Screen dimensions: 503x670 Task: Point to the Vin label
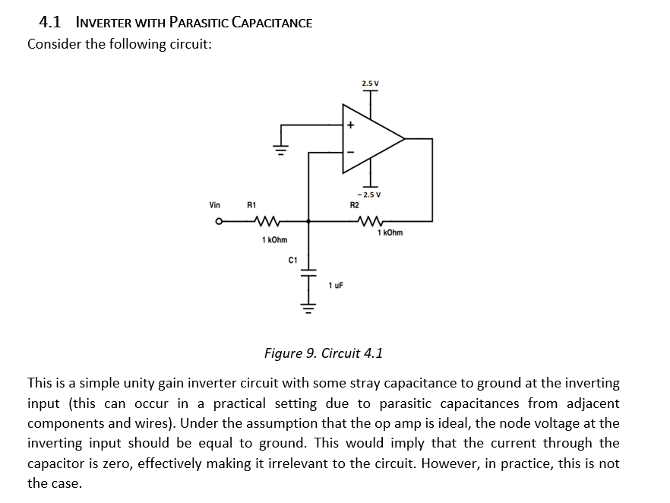pyautogui.click(x=216, y=204)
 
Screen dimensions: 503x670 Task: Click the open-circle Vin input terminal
pyautogui.click(x=218, y=222)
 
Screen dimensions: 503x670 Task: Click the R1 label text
pyautogui.click(x=251, y=204)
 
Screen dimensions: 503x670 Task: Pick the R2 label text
pyautogui.click(x=353, y=204)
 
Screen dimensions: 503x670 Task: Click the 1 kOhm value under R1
pyautogui.click(x=273, y=240)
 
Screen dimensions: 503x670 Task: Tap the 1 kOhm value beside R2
pyautogui.click(x=390, y=233)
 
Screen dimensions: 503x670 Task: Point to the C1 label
pyautogui.click(x=292, y=260)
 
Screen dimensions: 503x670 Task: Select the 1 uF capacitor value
pyautogui.click(x=336, y=286)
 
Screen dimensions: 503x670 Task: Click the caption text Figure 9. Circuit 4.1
pyautogui.click(x=323, y=353)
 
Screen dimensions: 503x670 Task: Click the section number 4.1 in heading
pyautogui.click(x=52, y=22)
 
